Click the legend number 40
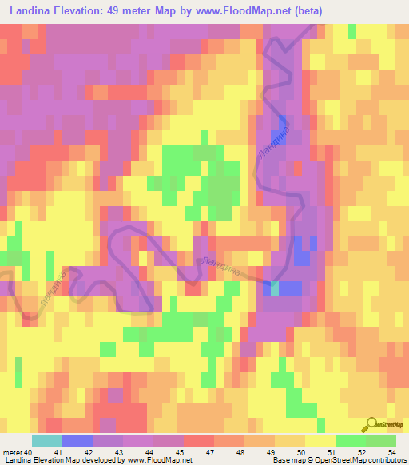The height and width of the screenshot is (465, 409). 29,452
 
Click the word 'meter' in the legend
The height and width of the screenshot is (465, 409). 12,452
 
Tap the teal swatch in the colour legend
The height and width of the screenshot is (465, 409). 46,440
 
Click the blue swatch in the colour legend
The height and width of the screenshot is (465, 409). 77,440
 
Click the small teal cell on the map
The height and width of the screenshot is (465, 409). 276,288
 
